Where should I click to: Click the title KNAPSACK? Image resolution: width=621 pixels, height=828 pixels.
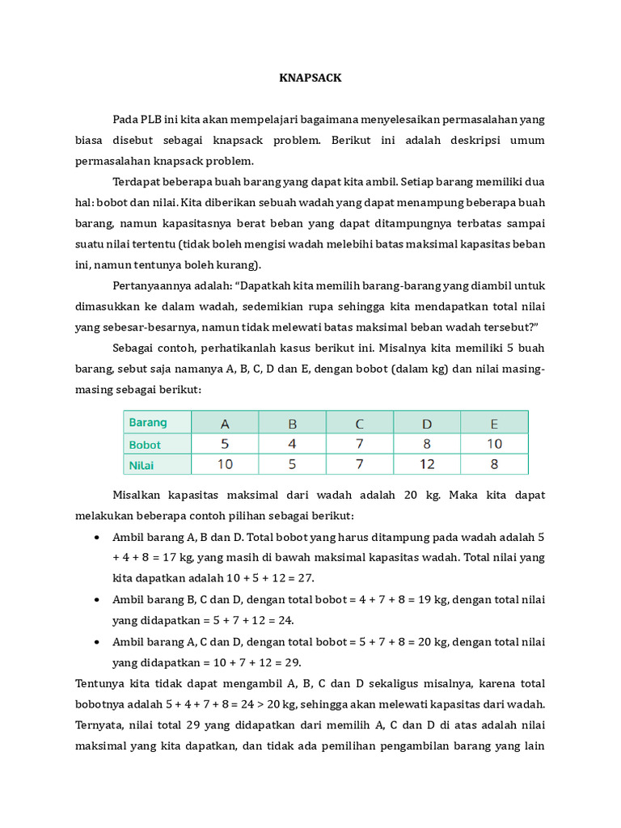pyautogui.click(x=310, y=78)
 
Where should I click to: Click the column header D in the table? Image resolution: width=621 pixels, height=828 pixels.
pyautogui.click(x=427, y=423)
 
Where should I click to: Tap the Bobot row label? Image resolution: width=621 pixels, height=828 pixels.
pyautogui.click(x=145, y=444)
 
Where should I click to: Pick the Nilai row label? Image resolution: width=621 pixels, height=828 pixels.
pyautogui.click(x=142, y=465)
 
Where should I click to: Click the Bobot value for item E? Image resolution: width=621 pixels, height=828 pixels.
pyautogui.click(x=494, y=444)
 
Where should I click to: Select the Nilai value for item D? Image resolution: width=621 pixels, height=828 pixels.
pyautogui.click(x=427, y=465)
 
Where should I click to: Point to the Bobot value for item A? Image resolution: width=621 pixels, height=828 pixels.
pyautogui.click(x=225, y=444)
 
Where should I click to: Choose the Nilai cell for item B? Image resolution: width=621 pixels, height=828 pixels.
pyautogui.click(x=293, y=465)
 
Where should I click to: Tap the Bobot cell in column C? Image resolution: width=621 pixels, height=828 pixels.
pyautogui.click(x=360, y=444)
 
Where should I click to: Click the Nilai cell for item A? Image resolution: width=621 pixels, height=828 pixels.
pyautogui.click(x=225, y=465)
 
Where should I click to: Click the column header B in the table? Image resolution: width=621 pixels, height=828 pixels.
pyautogui.click(x=293, y=423)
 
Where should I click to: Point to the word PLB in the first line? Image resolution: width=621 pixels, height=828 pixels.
pyautogui.click(x=151, y=120)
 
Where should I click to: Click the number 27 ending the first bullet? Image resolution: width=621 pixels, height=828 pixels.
pyautogui.click(x=305, y=579)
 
